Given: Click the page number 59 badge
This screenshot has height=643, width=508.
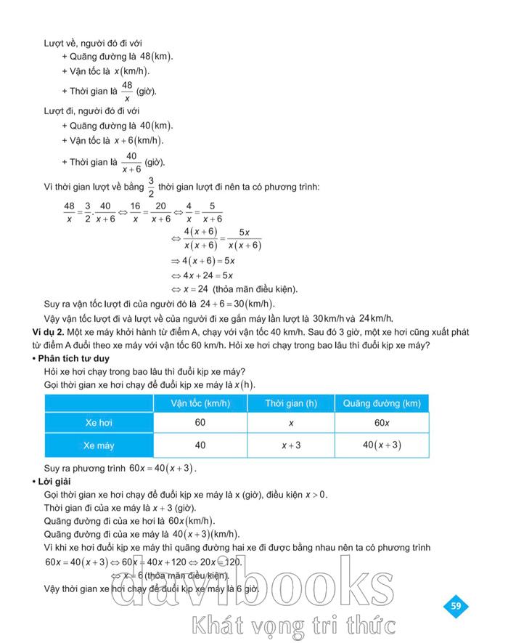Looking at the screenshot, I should [456, 605].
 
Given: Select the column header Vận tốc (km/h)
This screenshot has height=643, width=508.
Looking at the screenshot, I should [200, 403].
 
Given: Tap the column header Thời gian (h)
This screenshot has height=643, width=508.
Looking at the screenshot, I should [291, 403].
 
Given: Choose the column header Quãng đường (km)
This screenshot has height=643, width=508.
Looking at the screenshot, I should [381, 403].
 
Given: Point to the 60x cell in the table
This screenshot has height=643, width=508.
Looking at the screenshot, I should [381, 422].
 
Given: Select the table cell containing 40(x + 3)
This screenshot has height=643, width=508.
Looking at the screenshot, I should [381, 445].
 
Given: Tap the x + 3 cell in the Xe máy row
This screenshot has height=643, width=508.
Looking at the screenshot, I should [291, 445].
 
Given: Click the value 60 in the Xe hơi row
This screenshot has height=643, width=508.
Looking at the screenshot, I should [200, 422].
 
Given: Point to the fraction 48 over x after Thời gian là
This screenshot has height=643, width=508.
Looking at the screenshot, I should [127, 91].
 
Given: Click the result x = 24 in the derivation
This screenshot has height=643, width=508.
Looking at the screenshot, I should [206, 288].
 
